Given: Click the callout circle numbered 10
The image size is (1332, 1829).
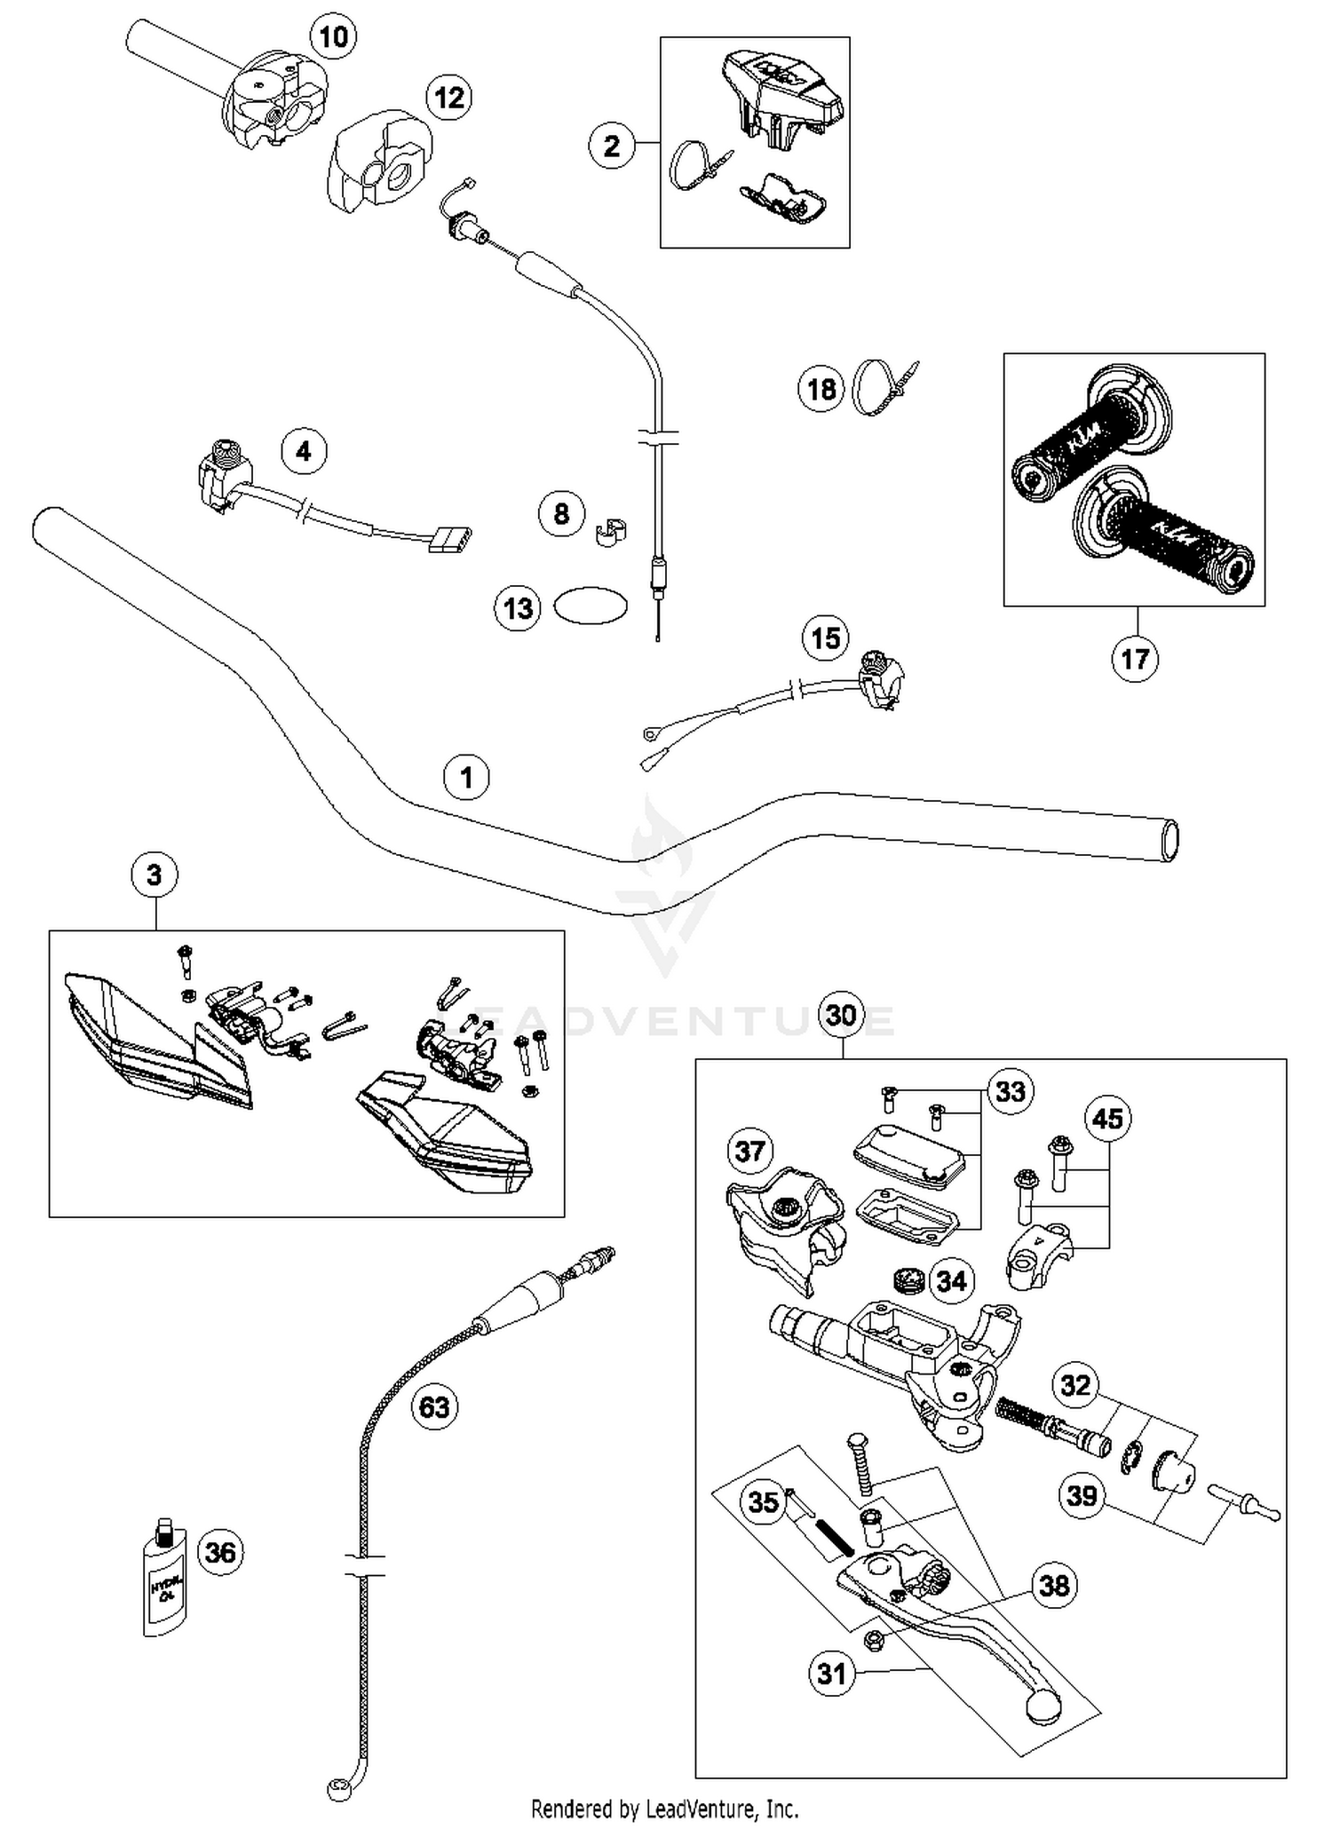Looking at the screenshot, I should [x=333, y=37].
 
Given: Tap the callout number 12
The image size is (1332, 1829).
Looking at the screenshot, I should [x=449, y=97].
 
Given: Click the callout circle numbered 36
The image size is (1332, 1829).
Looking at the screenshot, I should [x=220, y=1552].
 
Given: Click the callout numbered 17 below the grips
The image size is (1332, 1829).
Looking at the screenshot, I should [x=1135, y=659].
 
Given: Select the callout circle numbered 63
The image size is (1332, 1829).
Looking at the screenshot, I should [x=434, y=1407].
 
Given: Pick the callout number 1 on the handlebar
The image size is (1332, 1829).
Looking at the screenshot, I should [x=466, y=778].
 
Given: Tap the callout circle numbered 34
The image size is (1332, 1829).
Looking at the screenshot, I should [x=951, y=1281].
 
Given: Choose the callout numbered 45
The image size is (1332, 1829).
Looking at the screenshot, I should [x=1107, y=1119].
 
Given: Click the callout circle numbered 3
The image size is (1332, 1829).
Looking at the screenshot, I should [x=155, y=875].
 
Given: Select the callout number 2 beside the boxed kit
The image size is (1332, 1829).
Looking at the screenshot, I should [x=612, y=146].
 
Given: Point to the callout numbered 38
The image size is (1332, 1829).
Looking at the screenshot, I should [x=1054, y=1585].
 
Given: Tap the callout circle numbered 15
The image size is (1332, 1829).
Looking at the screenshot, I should [x=826, y=637].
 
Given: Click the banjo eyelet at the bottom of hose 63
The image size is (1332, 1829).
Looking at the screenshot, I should [x=339, y=1788].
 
